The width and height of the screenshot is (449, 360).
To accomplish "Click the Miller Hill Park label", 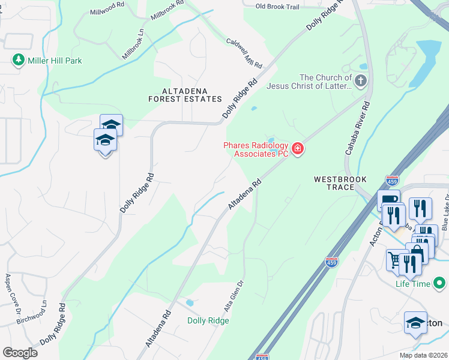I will pyautogui.click(x=53, y=61).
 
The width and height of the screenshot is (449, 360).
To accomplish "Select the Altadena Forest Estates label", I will pyautogui.click(x=184, y=98).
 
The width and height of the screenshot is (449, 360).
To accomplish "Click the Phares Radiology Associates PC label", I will pyautogui.click(x=256, y=149).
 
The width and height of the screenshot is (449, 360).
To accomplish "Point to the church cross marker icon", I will pyautogui.click(x=361, y=80).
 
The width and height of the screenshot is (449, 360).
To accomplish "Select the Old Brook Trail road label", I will pyautogui.click(x=277, y=7).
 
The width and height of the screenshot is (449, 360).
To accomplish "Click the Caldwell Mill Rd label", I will pyautogui.click(x=244, y=53).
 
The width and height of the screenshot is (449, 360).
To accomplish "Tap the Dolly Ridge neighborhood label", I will pyautogui.click(x=208, y=321).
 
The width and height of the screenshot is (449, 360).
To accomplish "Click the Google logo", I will pyautogui.click(x=20, y=353).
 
